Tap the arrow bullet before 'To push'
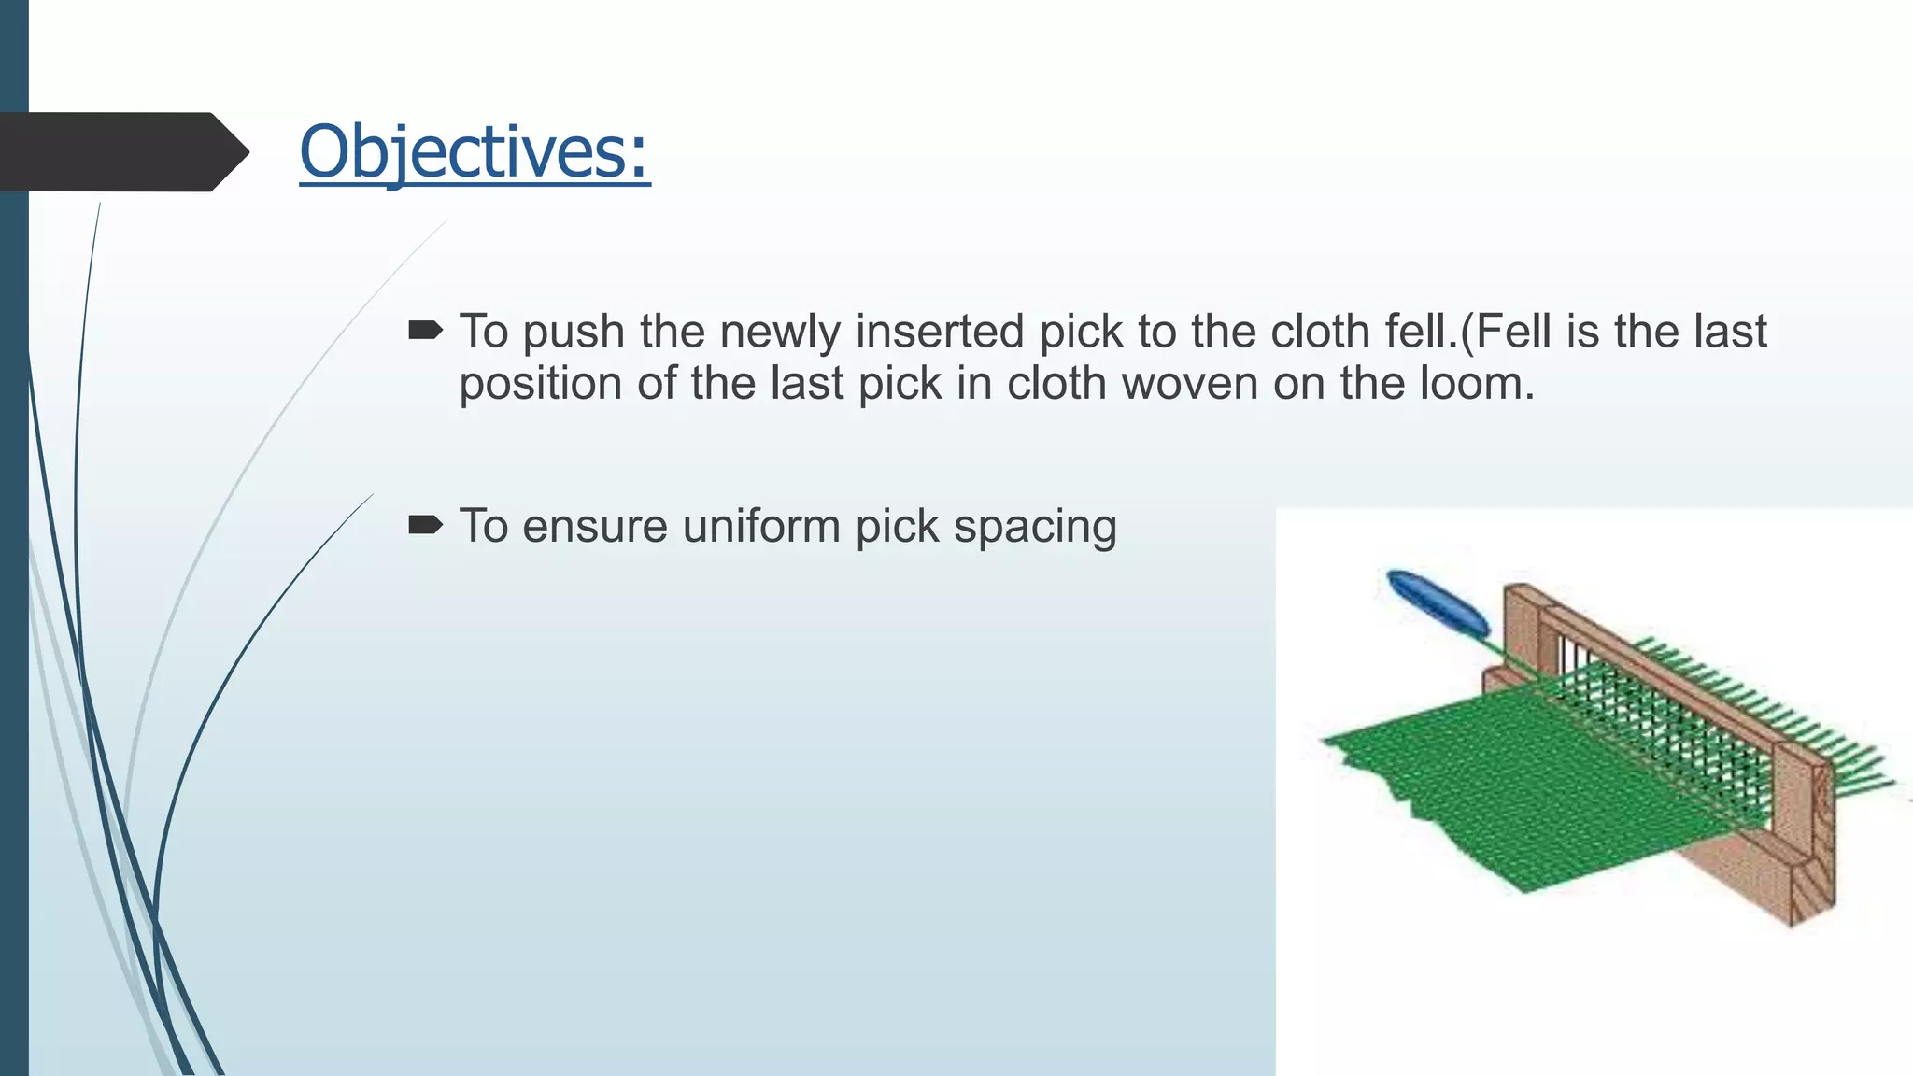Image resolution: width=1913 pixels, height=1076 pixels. point(426,331)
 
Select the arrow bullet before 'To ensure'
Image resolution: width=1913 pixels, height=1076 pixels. point(426,525)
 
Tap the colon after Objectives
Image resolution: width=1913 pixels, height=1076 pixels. point(639,154)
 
